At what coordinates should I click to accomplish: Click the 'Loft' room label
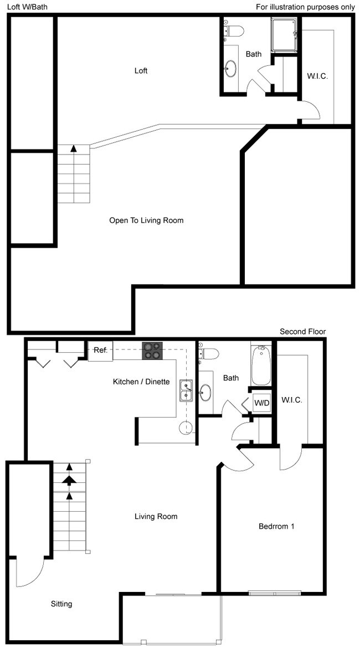click(x=141, y=71)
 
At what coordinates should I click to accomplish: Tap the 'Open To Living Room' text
click(x=146, y=220)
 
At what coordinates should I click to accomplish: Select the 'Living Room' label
click(x=156, y=517)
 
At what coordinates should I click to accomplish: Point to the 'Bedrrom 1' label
click(x=276, y=526)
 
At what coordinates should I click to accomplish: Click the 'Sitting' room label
click(x=61, y=604)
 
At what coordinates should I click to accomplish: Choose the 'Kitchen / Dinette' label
click(x=141, y=382)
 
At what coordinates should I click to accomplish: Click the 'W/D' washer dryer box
click(x=261, y=403)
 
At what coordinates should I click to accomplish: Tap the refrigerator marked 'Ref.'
click(x=100, y=351)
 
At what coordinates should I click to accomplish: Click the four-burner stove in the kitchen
click(x=153, y=351)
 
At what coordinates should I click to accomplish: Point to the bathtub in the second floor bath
click(x=261, y=365)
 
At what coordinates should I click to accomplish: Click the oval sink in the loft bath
click(x=230, y=70)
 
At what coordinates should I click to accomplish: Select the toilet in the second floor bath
click(x=209, y=353)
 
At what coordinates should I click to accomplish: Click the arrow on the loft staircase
click(x=73, y=148)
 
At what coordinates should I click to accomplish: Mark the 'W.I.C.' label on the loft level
click(x=317, y=76)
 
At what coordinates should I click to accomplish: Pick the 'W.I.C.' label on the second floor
click(x=291, y=400)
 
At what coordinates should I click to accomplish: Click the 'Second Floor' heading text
click(x=302, y=332)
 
